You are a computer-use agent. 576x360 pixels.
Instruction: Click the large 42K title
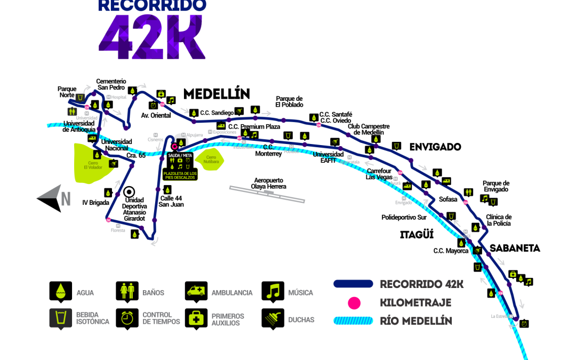152,37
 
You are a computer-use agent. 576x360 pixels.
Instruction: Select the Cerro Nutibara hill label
211,159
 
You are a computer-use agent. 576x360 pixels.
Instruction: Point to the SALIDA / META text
180,155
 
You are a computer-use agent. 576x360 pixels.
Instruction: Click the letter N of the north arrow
66,199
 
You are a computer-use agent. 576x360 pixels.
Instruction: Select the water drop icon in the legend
61,291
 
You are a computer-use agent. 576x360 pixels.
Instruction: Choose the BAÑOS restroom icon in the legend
127,291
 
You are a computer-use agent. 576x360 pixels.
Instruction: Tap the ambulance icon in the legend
196,291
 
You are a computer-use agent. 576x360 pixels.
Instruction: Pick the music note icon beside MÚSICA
273,291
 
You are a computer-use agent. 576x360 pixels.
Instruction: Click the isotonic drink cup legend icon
61,318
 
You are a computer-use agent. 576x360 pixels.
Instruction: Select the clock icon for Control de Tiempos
127,318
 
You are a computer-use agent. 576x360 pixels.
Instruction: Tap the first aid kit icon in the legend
196,318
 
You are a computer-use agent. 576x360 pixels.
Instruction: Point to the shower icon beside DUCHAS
273,319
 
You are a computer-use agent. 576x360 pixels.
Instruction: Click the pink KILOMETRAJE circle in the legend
354,303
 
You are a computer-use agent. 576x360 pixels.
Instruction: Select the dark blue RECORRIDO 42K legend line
353,284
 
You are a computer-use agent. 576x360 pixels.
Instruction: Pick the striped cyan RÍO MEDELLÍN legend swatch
353,321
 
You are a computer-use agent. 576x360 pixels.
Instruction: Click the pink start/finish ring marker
174,146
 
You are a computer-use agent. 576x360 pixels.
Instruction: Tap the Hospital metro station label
118,97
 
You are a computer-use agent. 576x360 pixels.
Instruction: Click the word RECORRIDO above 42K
152,5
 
